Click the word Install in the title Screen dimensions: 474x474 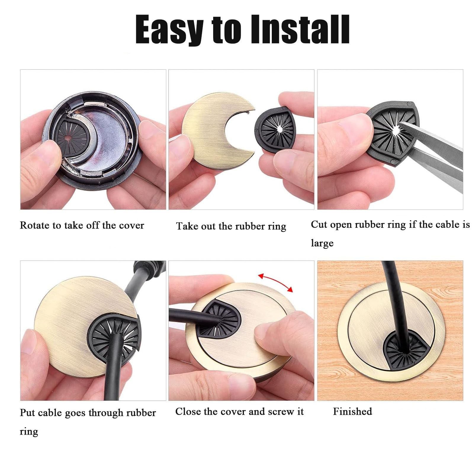tap(301, 30)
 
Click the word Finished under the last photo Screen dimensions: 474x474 tap(352, 411)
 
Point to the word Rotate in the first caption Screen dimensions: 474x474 tap(35, 225)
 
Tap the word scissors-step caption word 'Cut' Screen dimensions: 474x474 tap(319, 224)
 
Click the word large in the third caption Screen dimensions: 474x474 tap(322, 243)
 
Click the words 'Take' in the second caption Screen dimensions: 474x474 tap(187, 226)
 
